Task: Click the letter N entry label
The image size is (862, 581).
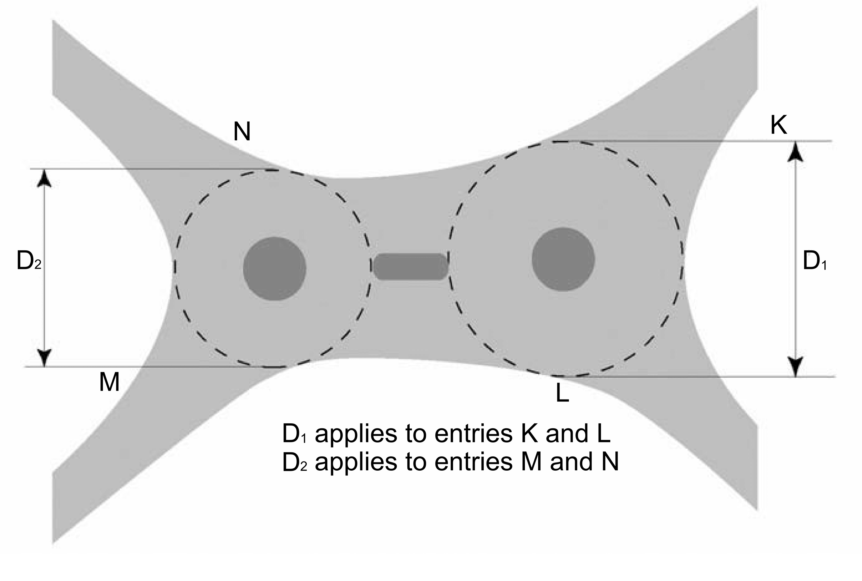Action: pyautogui.click(x=242, y=132)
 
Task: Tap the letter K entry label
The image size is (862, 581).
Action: pyautogui.click(x=779, y=126)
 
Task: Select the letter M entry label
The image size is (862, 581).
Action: pyautogui.click(x=109, y=382)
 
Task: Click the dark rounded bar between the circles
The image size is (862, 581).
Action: pyautogui.click(x=410, y=267)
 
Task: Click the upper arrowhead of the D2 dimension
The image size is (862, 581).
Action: pyautogui.click(x=45, y=180)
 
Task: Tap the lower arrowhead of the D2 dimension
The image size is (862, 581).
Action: pyautogui.click(x=45, y=358)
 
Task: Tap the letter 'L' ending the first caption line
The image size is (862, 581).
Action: pyautogui.click(x=603, y=433)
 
